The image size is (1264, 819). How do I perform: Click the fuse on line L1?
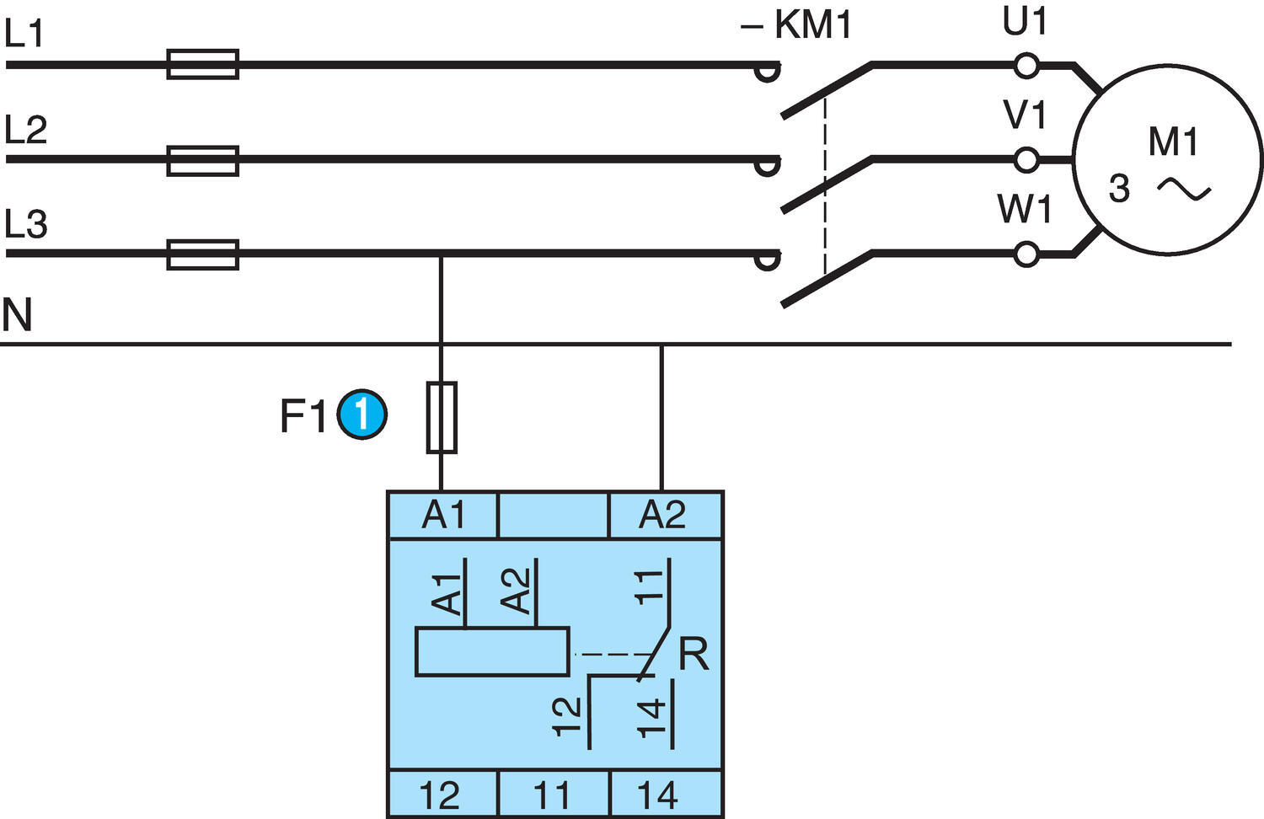tap(202, 64)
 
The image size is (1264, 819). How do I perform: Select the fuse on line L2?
tap(202, 160)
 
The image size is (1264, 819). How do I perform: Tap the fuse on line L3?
tap(202, 254)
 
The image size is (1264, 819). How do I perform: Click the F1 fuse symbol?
tap(442, 417)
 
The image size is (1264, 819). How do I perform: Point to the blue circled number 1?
tap(362, 415)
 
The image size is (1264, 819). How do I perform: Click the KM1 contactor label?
tap(797, 25)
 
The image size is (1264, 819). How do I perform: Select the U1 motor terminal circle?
tap(1026, 65)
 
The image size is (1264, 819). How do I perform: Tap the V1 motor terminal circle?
tap(1026, 159)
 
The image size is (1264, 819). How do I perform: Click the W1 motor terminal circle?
tap(1026, 254)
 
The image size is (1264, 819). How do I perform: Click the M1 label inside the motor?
tap(1172, 142)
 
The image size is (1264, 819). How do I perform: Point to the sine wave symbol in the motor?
tap(1184, 190)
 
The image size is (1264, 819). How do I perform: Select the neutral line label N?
tap(17, 314)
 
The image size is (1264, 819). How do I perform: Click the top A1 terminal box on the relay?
tap(442, 515)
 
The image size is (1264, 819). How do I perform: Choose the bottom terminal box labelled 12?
tap(442, 795)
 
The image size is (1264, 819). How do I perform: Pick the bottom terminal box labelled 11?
tap(553, 795)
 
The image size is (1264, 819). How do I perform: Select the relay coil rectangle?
tap(492, 651)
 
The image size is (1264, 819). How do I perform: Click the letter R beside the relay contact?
tap(694, 655)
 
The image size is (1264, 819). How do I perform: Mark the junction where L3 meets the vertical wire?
tap(441, 254)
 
